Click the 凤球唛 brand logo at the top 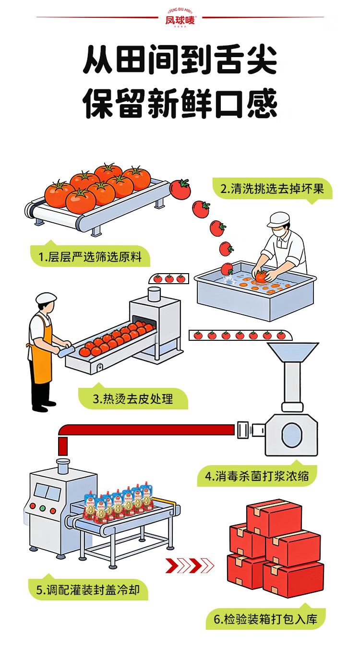180,19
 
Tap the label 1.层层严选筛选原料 90,257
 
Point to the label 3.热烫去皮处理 133,398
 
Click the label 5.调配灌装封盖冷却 88,589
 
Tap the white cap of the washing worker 278,220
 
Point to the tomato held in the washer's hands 262,276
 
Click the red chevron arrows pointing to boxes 190,565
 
